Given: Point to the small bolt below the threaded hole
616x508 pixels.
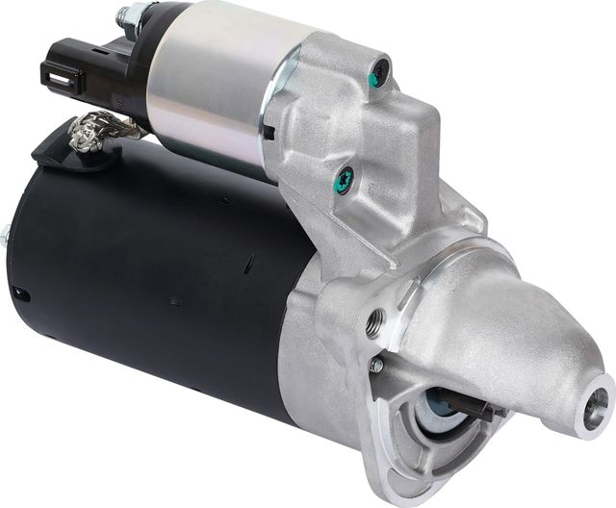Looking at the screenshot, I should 376,366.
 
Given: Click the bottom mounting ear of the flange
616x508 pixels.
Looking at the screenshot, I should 404,471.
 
